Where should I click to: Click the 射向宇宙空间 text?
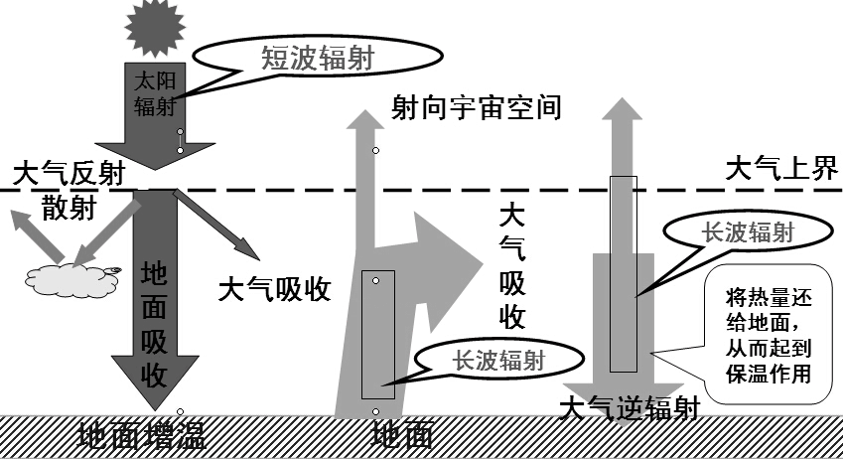[477, 106]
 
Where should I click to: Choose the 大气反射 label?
[69, 174]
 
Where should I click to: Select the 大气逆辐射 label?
[631, 408]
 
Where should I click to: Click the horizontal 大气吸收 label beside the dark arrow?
[274, 289]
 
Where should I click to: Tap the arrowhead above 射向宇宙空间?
[364, 122]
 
